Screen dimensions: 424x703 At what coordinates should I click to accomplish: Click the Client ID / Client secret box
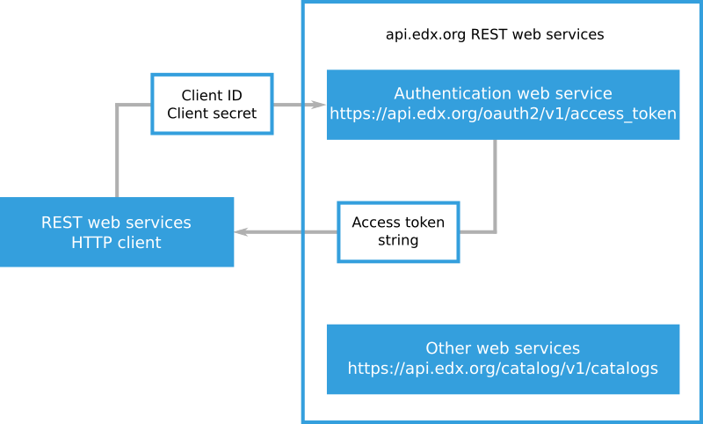pyautogui.click(x=212, y=104)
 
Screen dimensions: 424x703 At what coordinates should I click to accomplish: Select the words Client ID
pyautogui.click(x=212, y=95)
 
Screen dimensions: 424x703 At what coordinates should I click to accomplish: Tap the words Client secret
pyautogui.click(x=212, y=113)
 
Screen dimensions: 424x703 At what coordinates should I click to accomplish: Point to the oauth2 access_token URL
pyautogui.click(x=503, y=113)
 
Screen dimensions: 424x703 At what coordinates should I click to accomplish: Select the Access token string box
pyautogui.click(x=398, y=231)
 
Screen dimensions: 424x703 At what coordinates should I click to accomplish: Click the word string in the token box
pyautogui.click(x=398, y=241)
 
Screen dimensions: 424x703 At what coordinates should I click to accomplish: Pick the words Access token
pyautogui.click(x=398, y=223)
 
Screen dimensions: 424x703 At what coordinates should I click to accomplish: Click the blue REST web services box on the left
pyautogui.click(x=117, y=231)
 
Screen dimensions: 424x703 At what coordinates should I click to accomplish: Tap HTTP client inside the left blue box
pyautogui.click(x=116, y=243)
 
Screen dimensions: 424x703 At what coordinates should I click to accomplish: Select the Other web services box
pyautogui.click(x=503, y=359)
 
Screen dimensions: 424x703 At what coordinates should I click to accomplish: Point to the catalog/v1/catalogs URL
pyautogui.click(x=503, y=369)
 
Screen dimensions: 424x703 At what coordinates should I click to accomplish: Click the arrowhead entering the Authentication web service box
pyautogui.click(x=318, y=105)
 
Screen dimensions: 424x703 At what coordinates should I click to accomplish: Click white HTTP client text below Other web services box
pyautogui.click(x=387, y=400)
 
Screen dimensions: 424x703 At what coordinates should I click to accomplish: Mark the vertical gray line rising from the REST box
pyautogui.click(x=117, y=150)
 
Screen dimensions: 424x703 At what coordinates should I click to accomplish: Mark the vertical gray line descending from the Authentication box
pyautogui.click(x=495, y=185)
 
